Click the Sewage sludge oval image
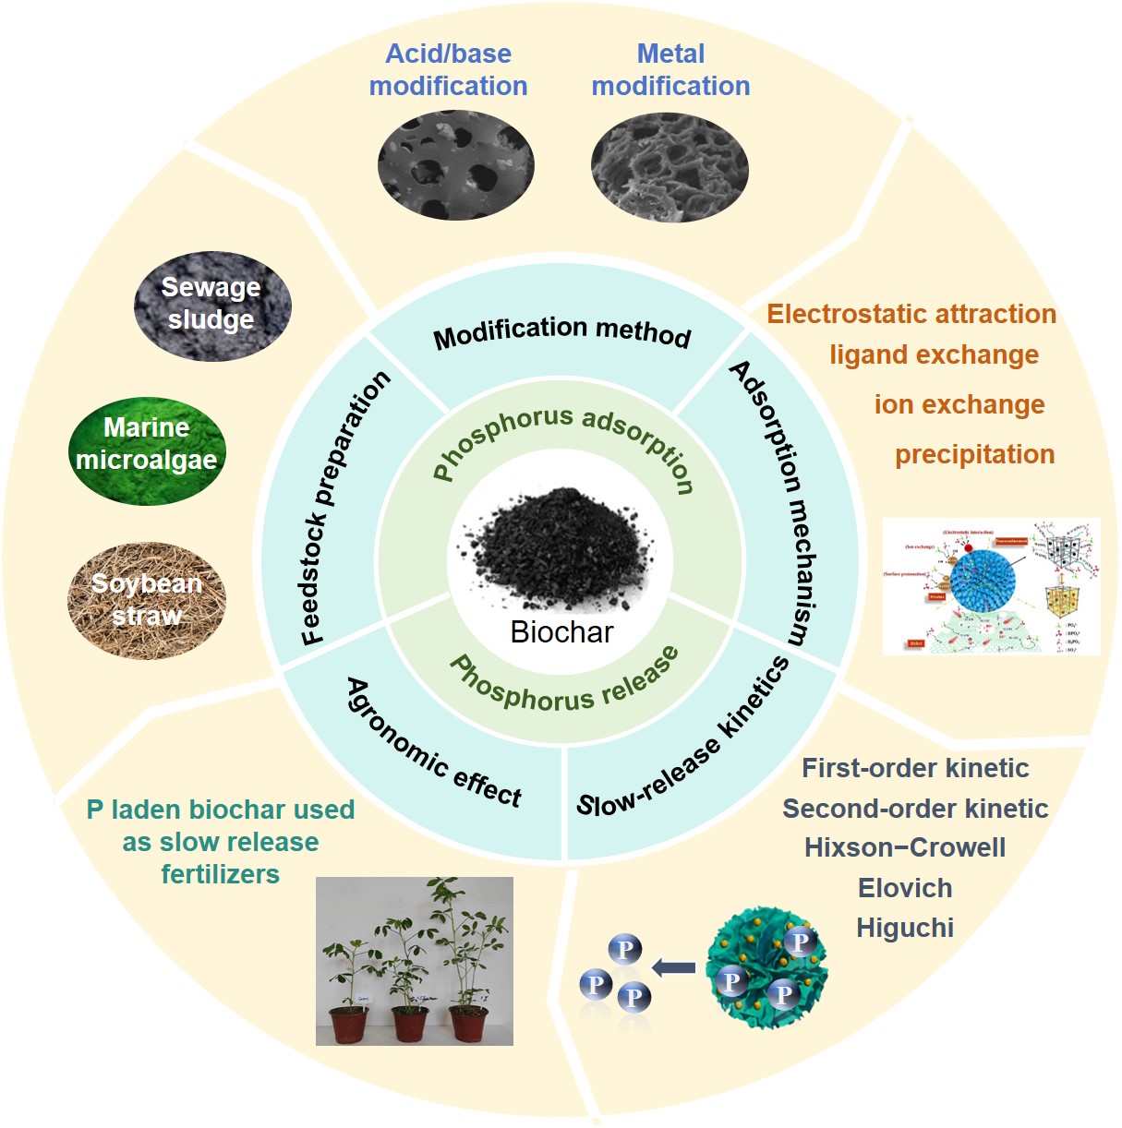[x=212, y=306]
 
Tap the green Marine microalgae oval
[x=147, y=451]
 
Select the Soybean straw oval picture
[x=147, y=600]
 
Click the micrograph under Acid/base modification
[x=455, y=166]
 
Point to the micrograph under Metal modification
[x=670, y=168]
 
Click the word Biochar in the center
[x=561, y=632]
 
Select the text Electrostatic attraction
[x=911, y=314]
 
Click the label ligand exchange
[x=934, y=355]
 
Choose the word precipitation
[x=974, y=454]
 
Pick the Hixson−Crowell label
[x=905, y=847]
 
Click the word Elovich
[x=905, y=888]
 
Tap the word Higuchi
[x=905, y=928]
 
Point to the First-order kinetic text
[x=915, y=768]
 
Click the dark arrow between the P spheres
[x=674, y=967]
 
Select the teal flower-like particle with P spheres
[x=766, y=969]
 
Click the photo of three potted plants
[x=414, y=961]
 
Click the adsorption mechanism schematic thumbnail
[x=991, y=587]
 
